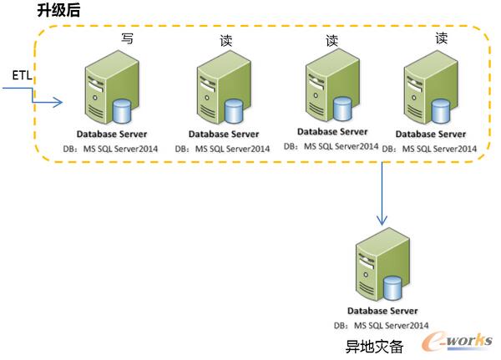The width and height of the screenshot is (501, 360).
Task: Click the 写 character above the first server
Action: [x=128, y=38]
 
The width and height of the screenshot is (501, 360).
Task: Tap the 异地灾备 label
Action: [x=374, y=346]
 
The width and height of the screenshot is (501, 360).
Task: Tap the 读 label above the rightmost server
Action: [x=441, y=38]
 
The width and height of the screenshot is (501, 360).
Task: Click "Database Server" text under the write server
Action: [x=112, y=134]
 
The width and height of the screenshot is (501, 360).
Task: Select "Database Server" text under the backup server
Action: [x=382, y=312]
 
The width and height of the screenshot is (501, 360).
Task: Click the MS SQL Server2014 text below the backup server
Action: [x=391, y=325]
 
